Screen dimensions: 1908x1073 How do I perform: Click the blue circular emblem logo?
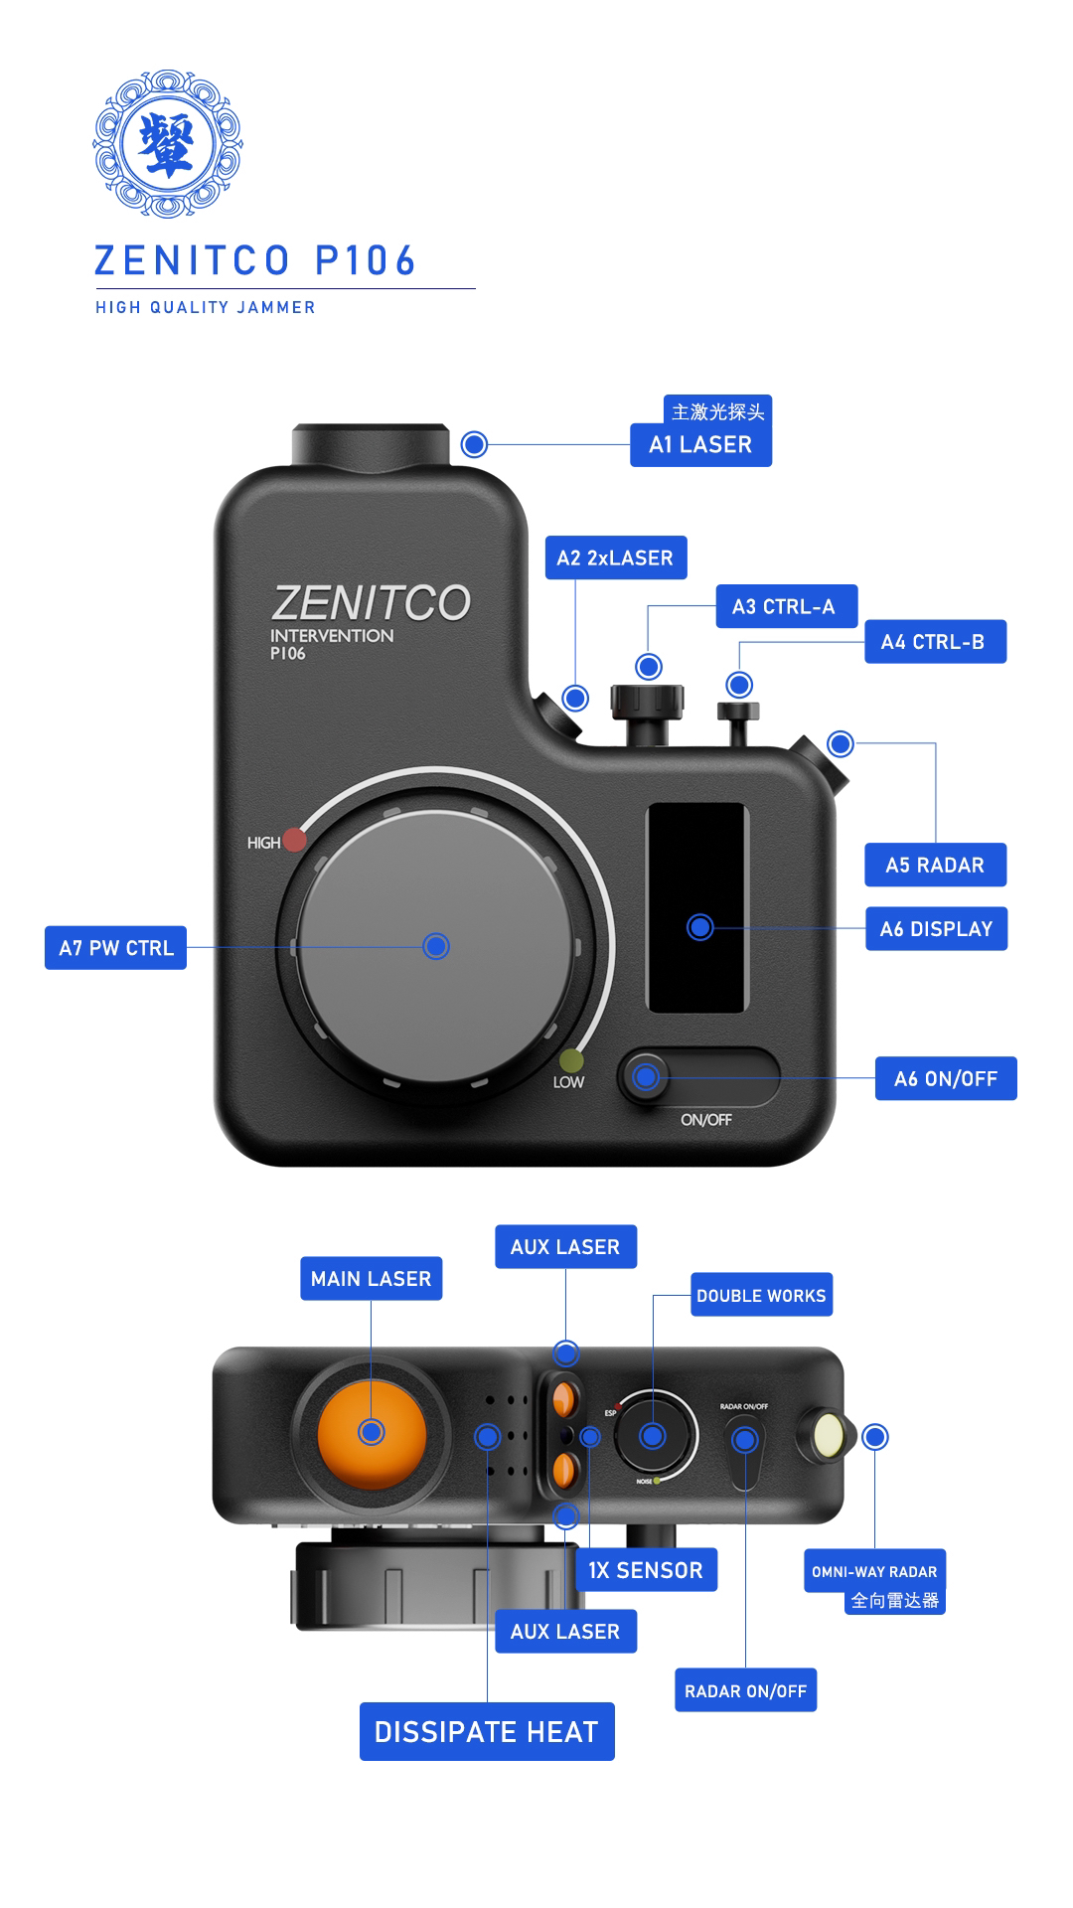click(167, 143)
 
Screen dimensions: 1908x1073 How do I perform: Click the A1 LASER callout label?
click(700, 444)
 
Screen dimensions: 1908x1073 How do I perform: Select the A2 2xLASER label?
click(615, 557)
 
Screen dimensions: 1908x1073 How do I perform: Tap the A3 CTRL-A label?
click(786, 606)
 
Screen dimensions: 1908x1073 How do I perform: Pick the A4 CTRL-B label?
click(934, 642)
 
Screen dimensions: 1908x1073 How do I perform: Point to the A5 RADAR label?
click(935, 865)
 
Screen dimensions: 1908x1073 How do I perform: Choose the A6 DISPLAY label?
click(936, 929)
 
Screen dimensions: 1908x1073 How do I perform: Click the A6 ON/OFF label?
click(945, 1078)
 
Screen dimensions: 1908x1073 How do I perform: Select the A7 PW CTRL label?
click(116, 948)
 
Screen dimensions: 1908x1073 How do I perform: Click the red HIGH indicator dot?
click(294, 840)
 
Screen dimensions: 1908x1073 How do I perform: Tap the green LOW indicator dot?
click(571, 1059)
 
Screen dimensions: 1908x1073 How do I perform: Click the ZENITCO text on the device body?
click(372, 603)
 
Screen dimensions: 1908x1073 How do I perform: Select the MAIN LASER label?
click(371, 1279)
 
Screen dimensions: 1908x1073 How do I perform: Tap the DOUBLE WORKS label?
click(761, 1296)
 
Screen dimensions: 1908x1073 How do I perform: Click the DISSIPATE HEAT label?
click(487, 1732)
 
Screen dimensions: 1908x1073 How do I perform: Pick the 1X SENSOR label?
click(646, 1570)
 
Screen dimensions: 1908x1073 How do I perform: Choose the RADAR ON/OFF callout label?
click(745, 1690)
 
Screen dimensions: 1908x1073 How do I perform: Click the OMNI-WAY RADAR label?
click(874, 1571)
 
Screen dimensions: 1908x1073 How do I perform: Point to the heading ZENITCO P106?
click(255, 261)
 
